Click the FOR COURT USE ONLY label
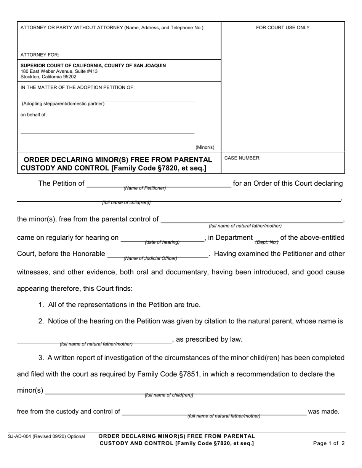[283, 28]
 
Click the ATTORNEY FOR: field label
[40, 55]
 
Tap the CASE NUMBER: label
[242, 158]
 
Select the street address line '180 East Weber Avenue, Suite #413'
[59, 71]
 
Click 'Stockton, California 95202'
[48, 76]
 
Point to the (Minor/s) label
[205, 147]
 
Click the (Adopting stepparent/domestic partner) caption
[63, 103]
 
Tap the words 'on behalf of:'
[34, 115]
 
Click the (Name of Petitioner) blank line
[159, 185]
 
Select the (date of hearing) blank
[162, 240]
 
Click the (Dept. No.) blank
[266, 240]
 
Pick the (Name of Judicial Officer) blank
[158, 256]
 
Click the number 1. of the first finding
[41, 305]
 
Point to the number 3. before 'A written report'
[41, 358]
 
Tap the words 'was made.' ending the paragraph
[324, 411]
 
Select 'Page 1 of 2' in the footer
[328, 443]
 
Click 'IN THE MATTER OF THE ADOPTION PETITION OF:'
[77, 87]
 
